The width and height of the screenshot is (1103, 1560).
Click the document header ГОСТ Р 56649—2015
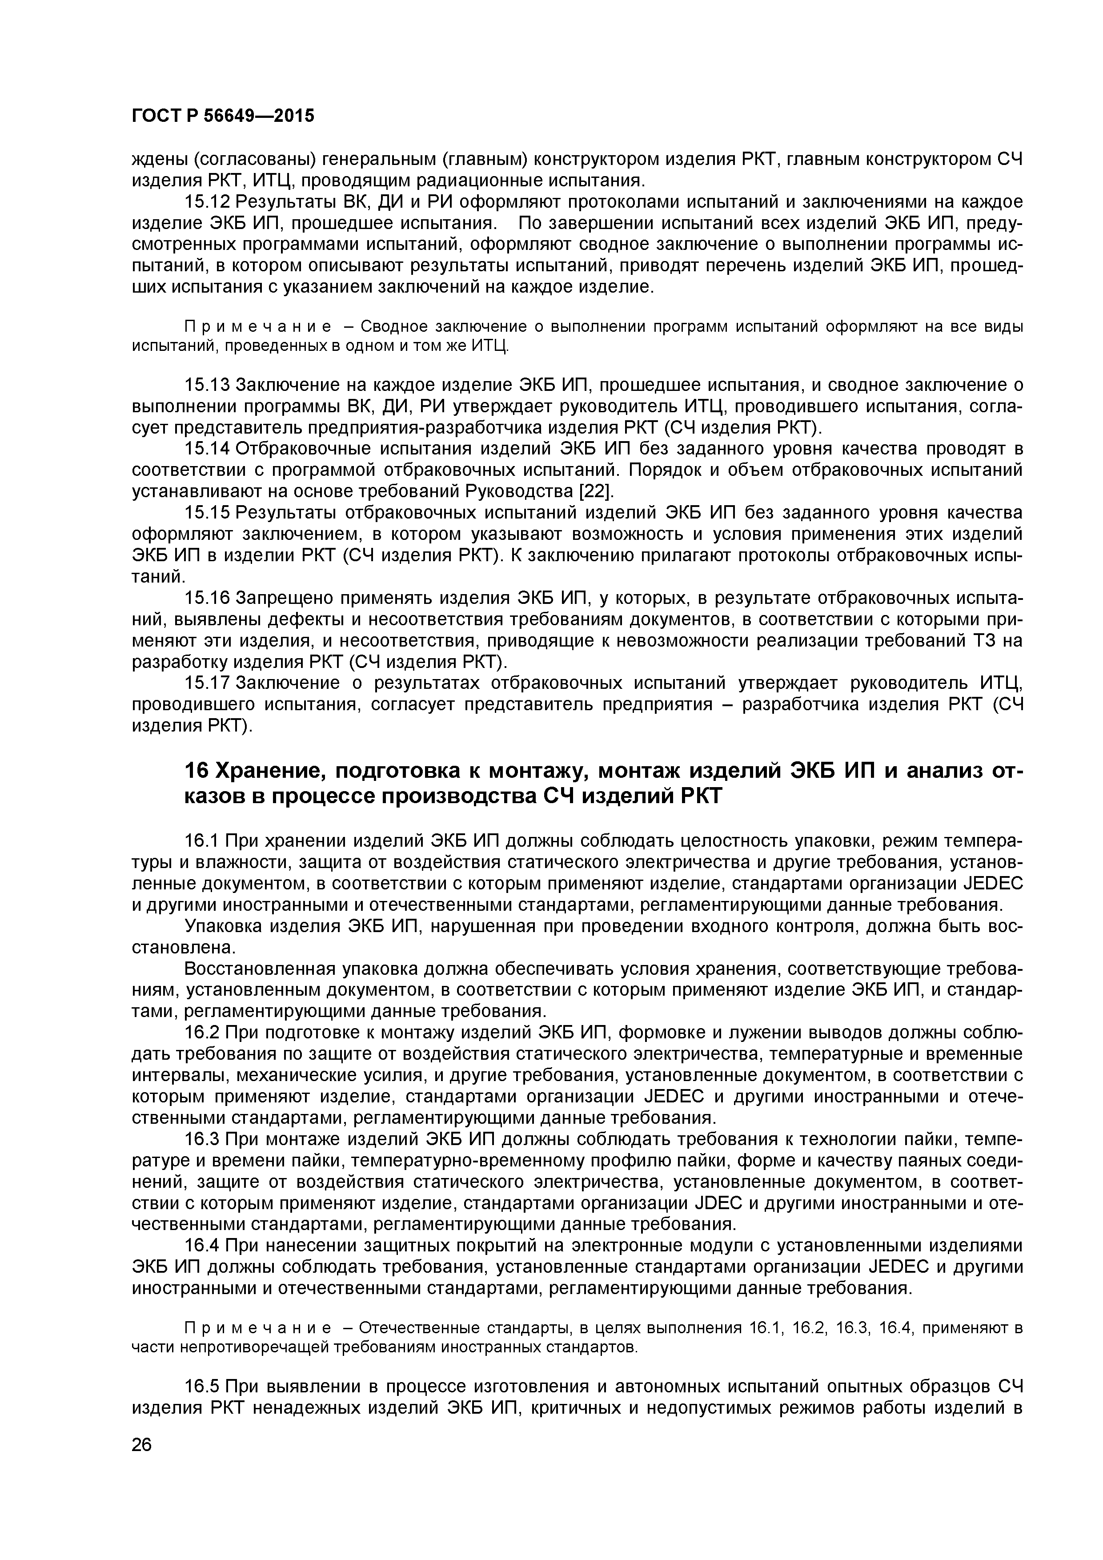[x=223, y=116]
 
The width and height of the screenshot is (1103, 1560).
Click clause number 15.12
[x=208, y=202]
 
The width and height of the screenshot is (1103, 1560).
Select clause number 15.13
[x=208, y=385]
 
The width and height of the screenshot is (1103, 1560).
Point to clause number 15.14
[x=208, y=449]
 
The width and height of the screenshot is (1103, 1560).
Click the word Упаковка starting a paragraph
[x=223, y=926]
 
